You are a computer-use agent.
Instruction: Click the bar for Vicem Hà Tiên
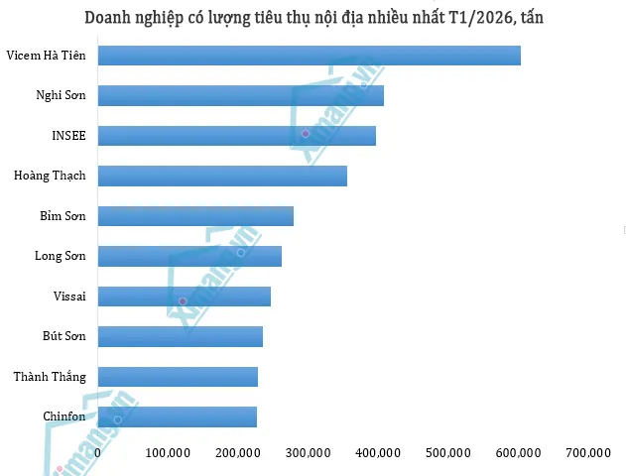point(310,56)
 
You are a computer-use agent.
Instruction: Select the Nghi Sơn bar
point(241,95)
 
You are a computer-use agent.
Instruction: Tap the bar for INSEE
point(237,136)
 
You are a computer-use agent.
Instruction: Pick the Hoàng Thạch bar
point(222,176)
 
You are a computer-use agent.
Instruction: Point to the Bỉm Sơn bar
point(195,216)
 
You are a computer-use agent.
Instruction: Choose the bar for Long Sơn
point(189,256)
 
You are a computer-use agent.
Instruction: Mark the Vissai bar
point(185,297)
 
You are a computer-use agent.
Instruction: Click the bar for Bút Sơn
point(181,336)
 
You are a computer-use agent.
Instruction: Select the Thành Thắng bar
point(178,377)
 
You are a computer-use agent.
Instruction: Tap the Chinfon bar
point(178,416)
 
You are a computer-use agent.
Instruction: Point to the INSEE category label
point(68,136)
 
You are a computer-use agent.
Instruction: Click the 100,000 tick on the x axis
point(168,453)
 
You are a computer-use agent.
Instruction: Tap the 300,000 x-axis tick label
point(308,453)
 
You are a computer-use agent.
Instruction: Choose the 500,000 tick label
point(447,453)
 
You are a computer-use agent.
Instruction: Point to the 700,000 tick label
point(587,453)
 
